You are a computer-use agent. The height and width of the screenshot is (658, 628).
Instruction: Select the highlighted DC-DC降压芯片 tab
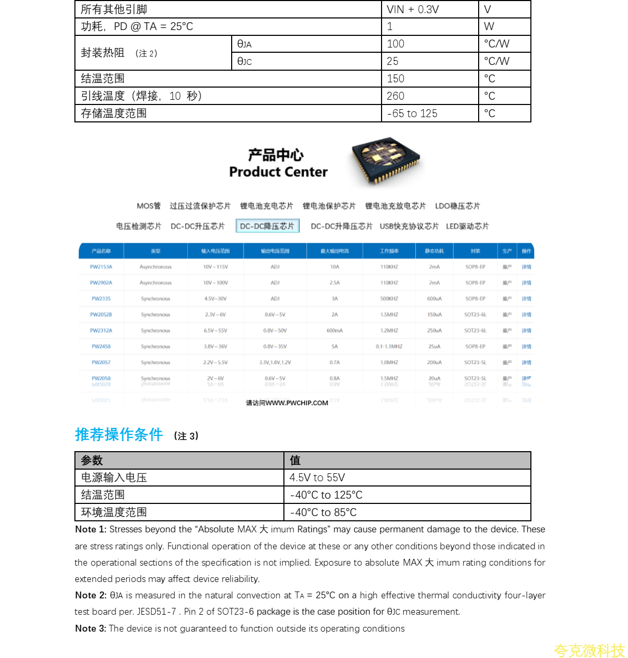pos(267,226)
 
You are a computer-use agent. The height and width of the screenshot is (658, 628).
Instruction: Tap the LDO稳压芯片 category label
pos(458,206)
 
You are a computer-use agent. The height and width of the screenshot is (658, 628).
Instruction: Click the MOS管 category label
pos(148,206)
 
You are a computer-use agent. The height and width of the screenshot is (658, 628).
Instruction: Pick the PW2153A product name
pos(101,267)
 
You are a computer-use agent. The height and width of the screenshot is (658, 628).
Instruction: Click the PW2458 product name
pos(101,347)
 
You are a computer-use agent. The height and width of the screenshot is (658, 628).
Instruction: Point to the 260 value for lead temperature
pos(395,96)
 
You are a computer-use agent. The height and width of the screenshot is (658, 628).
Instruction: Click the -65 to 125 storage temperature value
pos(412,113)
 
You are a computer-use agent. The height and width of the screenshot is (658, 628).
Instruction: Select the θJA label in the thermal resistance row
pos(244,44)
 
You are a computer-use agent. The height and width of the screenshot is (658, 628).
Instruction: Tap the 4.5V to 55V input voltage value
pos(317,478)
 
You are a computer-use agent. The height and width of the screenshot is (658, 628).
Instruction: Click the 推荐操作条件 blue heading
pos(119,434)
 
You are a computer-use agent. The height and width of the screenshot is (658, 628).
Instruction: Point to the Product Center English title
pos(278,172)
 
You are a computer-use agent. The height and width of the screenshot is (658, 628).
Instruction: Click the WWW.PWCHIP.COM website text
pos(297,403)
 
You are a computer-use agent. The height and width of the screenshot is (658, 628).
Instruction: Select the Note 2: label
pos(91,595)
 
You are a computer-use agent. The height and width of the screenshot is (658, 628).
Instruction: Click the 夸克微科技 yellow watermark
pos(589,651)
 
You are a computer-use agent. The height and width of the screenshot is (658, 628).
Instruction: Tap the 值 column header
pos(295,461)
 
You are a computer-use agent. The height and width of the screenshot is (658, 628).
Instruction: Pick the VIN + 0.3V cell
pos(413,9)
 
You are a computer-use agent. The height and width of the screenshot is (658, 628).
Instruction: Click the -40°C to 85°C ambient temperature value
pos(323,512)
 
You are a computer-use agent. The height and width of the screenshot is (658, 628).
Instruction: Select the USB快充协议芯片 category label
pos(409,226)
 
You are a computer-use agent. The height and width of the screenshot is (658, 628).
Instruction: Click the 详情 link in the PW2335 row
pos(526,299)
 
